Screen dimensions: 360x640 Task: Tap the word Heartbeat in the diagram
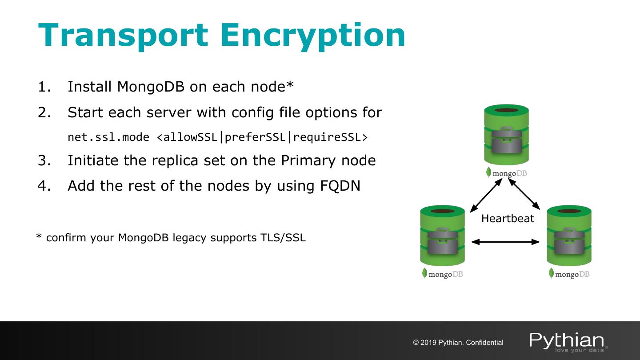click(x=508, y=219)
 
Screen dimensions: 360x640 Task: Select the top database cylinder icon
click(x=506, y=135)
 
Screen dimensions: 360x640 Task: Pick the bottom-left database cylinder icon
click(x=442, y=236)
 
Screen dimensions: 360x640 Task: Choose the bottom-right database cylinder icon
click(x=569, y=236)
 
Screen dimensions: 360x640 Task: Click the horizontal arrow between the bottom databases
click(x=505, y=242)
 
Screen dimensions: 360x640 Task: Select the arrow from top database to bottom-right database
click(x=524, y=194)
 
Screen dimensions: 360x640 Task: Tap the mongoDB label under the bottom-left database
click(x=443, y=274)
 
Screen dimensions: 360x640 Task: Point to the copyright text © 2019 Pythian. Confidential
click(x=458, y=343)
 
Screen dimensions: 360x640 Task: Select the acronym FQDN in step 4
click(x=340, y=186)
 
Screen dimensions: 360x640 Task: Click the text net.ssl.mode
click(x=108, y=137)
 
